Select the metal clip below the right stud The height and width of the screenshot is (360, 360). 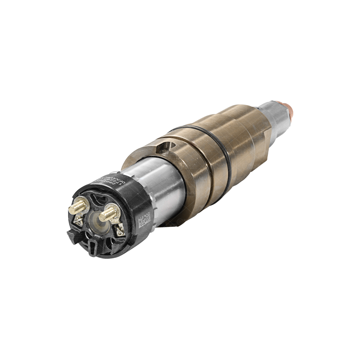[119, 229]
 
